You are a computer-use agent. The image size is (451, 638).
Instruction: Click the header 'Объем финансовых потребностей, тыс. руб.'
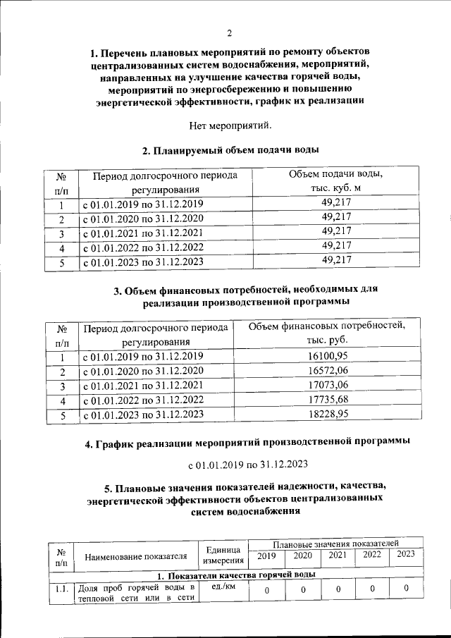point(328,333)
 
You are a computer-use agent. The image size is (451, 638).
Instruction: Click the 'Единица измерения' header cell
point(223,556)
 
